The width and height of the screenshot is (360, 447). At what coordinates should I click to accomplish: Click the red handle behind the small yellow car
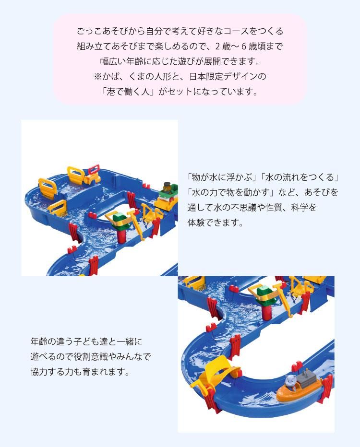click(76, 173)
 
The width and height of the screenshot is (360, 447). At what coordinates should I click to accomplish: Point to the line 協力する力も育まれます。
click(80, 372)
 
